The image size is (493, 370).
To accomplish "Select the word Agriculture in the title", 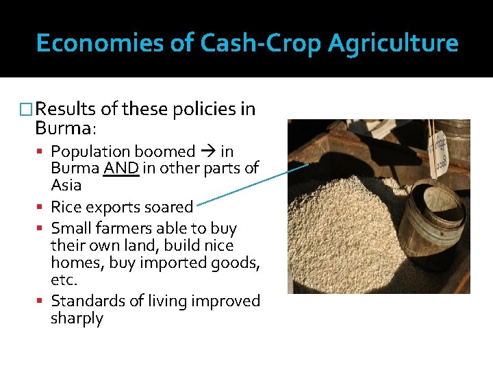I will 393,44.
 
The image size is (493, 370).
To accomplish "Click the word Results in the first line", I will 66,110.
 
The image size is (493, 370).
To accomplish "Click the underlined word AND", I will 122,169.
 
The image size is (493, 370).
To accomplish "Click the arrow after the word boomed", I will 207,152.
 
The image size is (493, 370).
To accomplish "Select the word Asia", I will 66,185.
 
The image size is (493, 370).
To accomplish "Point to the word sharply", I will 77,319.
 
